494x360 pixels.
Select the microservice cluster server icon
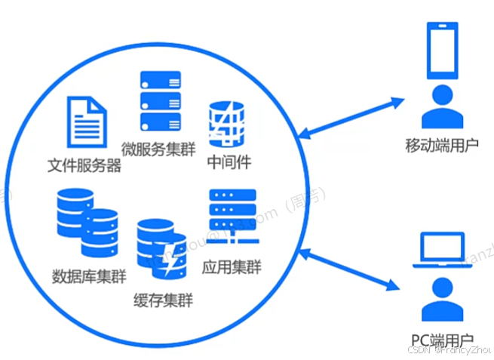(161, 101)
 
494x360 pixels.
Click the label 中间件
(228, 162)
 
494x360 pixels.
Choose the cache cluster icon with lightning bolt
(161, 248)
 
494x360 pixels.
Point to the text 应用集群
(233, 267)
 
